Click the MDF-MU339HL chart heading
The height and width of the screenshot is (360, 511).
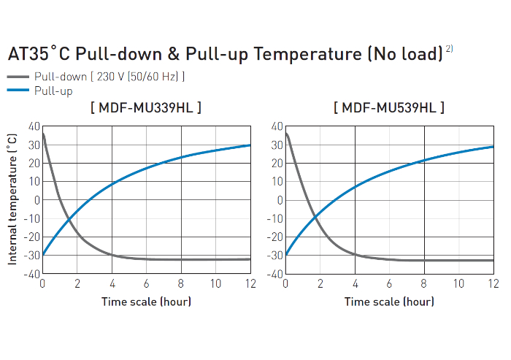[x=146, y=108]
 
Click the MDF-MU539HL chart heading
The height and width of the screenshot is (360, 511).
[x=389, y=108]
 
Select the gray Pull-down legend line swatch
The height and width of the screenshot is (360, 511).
[x=19, y=77]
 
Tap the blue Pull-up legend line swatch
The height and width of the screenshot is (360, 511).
[x=19, y=91]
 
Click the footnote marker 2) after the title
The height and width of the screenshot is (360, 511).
[x=450, y=49]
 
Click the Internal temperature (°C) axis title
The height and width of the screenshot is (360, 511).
[x=12, y=199]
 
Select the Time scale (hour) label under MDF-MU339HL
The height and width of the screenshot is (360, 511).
[x=146, y=302]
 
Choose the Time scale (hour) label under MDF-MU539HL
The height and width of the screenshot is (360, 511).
[x=389, y=302]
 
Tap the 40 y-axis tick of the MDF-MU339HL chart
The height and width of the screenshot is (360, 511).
[x=34, y=126]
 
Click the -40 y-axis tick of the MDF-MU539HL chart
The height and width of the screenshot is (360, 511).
[x=274, y=274]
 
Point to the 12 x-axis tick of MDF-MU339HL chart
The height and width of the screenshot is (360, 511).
[x=250, y=283]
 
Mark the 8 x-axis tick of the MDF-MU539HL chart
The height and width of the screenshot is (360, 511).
[x=424, y=283]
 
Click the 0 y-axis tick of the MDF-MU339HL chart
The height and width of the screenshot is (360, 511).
[x=37, y=200]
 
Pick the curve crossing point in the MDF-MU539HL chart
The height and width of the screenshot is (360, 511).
[x=315, y=216]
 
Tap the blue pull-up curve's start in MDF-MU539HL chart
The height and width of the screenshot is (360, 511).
[x=285, y=255]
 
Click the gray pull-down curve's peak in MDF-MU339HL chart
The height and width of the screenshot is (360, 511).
[x=43, y=134]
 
